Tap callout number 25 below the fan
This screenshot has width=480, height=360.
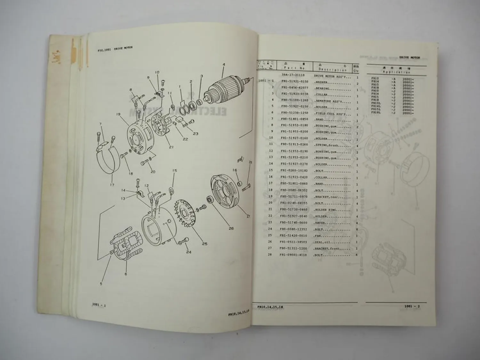[x=204, y=244]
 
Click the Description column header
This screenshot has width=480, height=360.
[x=332, y=69]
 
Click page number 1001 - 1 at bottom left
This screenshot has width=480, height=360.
[x=99, y=306]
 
